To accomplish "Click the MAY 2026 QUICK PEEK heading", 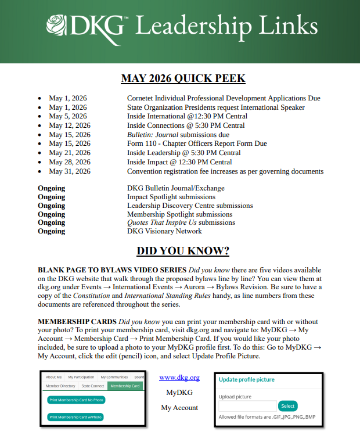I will (x=183, y=78).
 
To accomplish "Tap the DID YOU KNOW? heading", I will (x=183, y=251).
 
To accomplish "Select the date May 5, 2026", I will (x=68, y=116).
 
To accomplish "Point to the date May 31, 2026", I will (x=70, y=171).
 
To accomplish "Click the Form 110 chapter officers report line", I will (x=197, y=143).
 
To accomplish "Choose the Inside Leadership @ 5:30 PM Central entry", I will (x=184, y=153).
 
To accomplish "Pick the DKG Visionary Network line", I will (x=164, y=231).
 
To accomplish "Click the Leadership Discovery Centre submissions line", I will (x=190, y=206).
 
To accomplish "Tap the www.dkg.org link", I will (x=179, y=378).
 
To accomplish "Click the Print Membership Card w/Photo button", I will (x=75, y=417).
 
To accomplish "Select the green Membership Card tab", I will (x=125, y=386).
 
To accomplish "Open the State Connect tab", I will (x=93, y=386).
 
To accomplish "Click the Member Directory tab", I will (x=60, y=386).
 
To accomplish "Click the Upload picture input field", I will (x=247, y=406).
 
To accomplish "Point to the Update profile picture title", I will (x=247, y=379).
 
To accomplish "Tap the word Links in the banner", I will (x=290, y=26).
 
